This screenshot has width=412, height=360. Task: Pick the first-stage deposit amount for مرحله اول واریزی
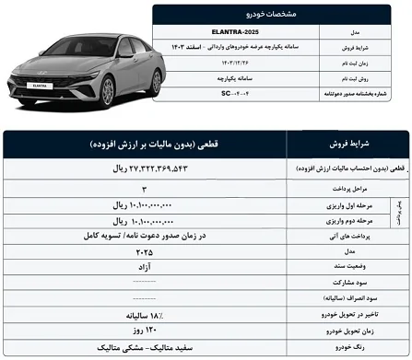pyautogui.click(x=146, y=204)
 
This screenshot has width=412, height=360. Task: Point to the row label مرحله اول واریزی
pyautogui.click(x=342, y=204)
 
